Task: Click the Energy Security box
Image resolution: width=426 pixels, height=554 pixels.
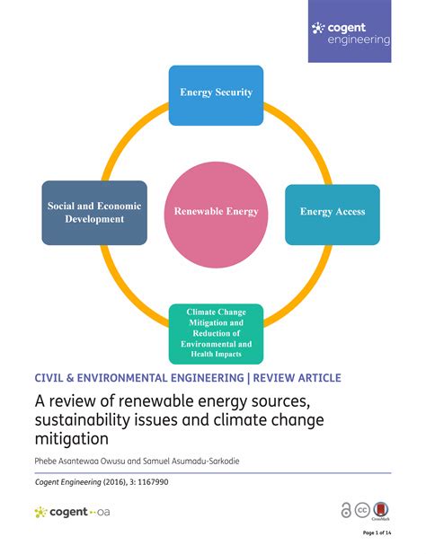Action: (x=216, y=95)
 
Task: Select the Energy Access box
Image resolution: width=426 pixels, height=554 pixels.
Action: (x=333, y=215)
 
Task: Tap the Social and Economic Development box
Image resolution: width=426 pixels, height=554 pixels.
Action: (x=94, y=213)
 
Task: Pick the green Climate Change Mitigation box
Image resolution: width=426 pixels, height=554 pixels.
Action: (x=216, y=334)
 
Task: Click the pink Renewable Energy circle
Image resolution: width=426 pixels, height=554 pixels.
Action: (x=216, y=215)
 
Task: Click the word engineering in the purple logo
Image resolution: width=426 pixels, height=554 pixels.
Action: (x=359, y=40)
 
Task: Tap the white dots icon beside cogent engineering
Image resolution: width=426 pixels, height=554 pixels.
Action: (x=318, y=28)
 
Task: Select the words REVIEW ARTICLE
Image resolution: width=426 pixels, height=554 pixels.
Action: (x=297, y=378)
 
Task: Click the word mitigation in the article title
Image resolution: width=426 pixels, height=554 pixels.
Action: (x=71, y=439)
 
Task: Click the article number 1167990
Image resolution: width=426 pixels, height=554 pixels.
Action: (x=153, y=482)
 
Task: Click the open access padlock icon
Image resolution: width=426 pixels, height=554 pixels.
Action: (x=346, y=511)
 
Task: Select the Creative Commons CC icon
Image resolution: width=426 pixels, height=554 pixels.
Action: (x=362, y=510)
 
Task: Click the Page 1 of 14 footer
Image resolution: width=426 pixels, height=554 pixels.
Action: (x=377, y=532)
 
